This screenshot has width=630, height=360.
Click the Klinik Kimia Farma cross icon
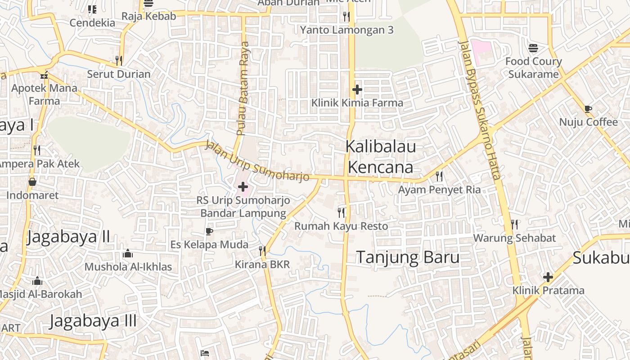pos(357,90)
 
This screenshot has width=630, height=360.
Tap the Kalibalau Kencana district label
pos(381,157)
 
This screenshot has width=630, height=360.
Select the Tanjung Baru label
pos(408,257)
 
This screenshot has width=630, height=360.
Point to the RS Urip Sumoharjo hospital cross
pos(243,186)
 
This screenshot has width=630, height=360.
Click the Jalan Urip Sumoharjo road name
pos(257,161)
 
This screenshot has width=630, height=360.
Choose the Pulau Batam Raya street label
pos(243,88)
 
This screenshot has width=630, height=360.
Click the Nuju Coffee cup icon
pos(588,108)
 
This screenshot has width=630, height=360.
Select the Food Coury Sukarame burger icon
pos(533,48)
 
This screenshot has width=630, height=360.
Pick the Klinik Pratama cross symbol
pos(548,277)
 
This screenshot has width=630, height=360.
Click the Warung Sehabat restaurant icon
pos(514,224)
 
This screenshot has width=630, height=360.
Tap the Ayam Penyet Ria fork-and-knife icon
pos(439,176)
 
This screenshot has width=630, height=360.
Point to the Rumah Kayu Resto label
pos(341,226)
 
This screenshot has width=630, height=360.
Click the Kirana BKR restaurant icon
pos(262,251)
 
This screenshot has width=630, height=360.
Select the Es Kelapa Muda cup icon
pos(209,231)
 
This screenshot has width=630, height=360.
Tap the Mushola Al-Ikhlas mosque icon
pos(128,254)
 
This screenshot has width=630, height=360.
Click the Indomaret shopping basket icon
pos(32,182)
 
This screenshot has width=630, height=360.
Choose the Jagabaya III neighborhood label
pos(93,321)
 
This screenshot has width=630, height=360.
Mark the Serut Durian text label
pos(119,74)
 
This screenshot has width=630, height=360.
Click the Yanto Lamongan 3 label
pos(346,30)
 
